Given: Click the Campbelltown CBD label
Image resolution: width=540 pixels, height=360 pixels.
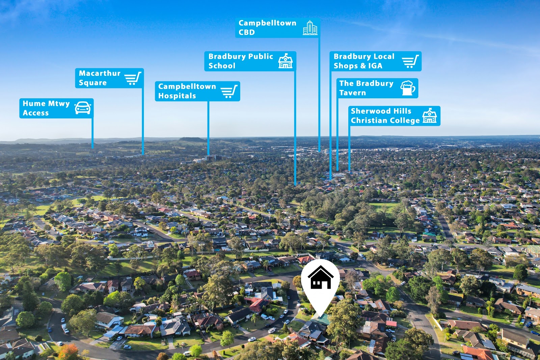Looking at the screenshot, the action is tap(278, 28).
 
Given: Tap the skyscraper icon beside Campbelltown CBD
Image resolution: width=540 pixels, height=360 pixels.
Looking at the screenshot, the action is tap(310, 28).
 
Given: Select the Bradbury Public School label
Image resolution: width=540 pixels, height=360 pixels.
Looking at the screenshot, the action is tap(250, 61).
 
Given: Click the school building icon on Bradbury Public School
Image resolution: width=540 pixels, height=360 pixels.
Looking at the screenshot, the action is tap(286, 61).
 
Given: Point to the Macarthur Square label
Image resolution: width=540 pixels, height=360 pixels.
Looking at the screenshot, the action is tap(109, 78).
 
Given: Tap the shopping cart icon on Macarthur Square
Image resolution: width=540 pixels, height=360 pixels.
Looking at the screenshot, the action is tap(133, 78).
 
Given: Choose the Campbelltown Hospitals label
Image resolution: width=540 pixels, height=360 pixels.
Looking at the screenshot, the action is tap(197, 91).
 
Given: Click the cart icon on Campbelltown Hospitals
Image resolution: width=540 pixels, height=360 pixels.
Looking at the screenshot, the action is tap(229, 91).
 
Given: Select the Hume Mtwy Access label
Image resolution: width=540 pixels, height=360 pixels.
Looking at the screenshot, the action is tap(56, 108).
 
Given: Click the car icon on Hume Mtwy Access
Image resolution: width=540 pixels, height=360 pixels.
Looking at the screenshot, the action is tap(83, 108).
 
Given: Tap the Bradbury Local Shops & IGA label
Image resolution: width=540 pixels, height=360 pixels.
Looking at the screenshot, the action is tap(376, 61).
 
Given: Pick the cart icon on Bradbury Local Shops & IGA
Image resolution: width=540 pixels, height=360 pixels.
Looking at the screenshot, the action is tap(410, 61).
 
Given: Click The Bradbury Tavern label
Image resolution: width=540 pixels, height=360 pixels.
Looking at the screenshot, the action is tap(377, 88).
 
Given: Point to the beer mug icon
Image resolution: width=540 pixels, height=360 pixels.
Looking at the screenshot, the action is tap(408, 88).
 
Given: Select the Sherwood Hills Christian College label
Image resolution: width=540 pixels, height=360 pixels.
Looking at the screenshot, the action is tap(395, 116).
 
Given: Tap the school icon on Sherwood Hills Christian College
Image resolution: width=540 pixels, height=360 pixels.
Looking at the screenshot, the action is tap(430, 115).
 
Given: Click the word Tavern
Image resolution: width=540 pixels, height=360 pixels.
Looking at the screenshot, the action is tap(352, 93).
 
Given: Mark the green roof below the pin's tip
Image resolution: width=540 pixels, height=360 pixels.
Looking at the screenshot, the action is tap(321, 319).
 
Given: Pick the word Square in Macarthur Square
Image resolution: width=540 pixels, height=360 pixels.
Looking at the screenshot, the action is tap(93, 83).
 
